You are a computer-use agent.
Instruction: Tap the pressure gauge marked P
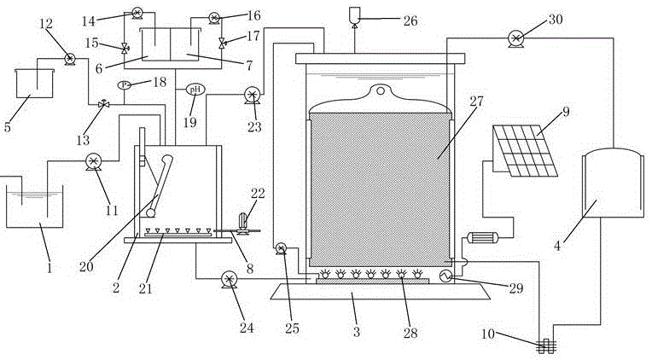click(x=125, y=84)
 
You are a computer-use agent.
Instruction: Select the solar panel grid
click(x=525, y=151)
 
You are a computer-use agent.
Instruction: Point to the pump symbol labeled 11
click(x=94, y=161)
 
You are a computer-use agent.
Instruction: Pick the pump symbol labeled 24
click(x=228, y=279)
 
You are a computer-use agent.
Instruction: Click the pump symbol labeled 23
click(x=252, y=96)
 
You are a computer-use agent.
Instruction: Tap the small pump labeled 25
click(x=281, y=248)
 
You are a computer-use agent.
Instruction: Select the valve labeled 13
click(x=103, y=104)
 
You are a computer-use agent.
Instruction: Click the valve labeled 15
click(x=125, y=49)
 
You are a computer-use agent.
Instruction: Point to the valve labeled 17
click(x=222, y=42)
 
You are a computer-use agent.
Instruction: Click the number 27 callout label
click(x=476, y=101)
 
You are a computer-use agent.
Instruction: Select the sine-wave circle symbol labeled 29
click(x=445, y=276)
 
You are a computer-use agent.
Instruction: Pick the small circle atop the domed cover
click(x=380, y=90)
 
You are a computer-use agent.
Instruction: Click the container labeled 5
click(x=34, y=83)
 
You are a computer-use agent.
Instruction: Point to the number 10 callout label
click(x=489, y=334)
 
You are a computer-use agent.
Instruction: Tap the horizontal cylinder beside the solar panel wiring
click(x=482, y=238)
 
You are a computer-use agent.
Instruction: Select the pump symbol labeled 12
click(x=69, y=59)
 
